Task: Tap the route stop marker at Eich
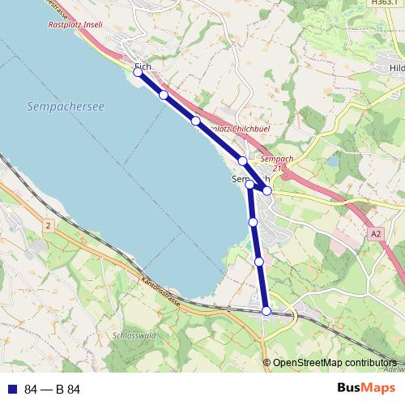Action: [x=138, y=72]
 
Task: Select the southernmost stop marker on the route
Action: [x=266, y=310]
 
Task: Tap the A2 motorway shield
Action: [x=375, y=233]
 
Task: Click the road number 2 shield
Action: [x=49, y=225]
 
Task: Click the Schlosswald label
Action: [x=134, y=333]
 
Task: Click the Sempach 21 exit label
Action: [x=279, y=163]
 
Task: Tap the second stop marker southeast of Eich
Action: [x=195, y=121]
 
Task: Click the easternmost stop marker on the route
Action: [x=267, y=190]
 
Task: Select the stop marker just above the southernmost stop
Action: [x=259, y=262]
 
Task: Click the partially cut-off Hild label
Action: [x=396, y=68]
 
